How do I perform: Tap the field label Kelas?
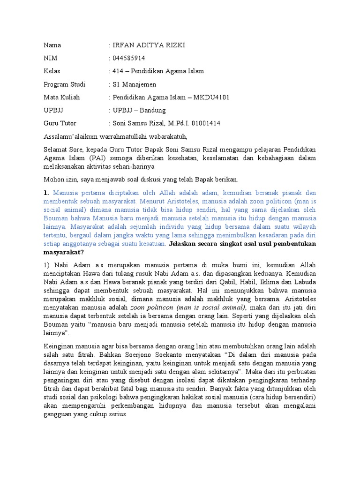click(52, 71)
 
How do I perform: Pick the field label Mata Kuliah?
click(61, 97)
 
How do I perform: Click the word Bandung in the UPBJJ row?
click(151, 111)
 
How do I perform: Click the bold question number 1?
click(46, 193)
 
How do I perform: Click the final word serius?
click(118, 414)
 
